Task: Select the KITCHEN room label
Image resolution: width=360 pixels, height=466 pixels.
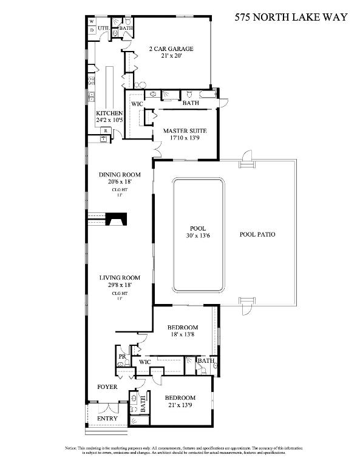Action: point(109,113)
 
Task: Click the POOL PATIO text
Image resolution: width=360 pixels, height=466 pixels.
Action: point(258,234)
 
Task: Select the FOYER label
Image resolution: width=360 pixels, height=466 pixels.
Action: point(108,387)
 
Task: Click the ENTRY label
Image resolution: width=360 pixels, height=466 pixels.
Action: point(107,419)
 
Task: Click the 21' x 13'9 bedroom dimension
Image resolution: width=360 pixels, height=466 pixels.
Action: point(179,405)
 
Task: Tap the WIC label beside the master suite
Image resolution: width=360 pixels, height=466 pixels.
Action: point(138,104)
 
